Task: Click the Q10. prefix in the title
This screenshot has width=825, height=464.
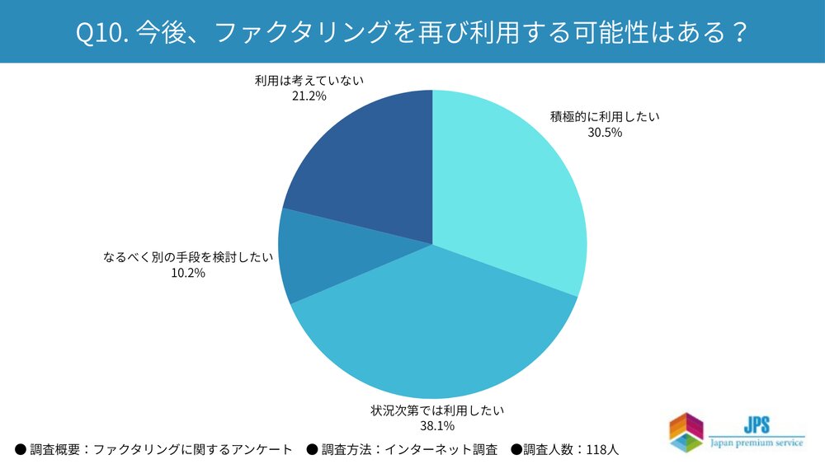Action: tap(101, 33)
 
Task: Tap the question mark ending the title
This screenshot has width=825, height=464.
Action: tap(739, 33)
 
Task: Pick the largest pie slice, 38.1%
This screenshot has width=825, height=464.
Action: tap(429, 330)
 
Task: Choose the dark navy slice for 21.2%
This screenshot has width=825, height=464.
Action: tap(363, 157)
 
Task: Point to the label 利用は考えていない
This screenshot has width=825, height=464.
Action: tap(309, 81)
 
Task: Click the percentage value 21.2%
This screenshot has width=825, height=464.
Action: tap(309, 96)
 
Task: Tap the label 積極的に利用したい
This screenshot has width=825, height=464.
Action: tap(605, 116)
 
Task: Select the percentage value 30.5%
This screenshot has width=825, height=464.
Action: tap(605, 132)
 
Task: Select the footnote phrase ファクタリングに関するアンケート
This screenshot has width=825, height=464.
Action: tap(193, 450)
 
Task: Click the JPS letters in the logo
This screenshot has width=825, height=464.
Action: tap(757, 424)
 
